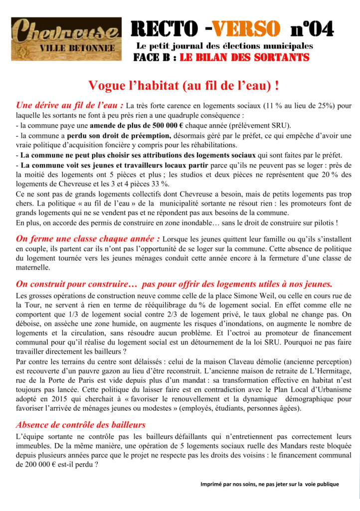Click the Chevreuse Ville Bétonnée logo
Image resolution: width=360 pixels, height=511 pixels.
[x=66, y=39]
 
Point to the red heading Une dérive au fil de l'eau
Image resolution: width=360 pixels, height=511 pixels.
[x=69, y=105]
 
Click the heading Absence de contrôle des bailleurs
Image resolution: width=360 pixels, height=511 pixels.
[x=81, y=425]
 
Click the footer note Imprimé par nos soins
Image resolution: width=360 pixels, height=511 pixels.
[x=269, y=484]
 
